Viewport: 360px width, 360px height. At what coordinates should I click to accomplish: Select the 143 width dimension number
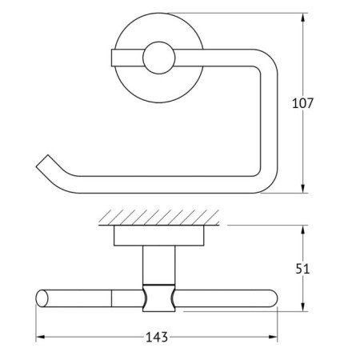(156, 337)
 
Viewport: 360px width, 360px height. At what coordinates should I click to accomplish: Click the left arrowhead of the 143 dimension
(40, 336)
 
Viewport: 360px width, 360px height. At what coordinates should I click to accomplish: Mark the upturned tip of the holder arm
(41, 166)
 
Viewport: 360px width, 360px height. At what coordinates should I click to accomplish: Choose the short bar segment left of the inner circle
(124, 57)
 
